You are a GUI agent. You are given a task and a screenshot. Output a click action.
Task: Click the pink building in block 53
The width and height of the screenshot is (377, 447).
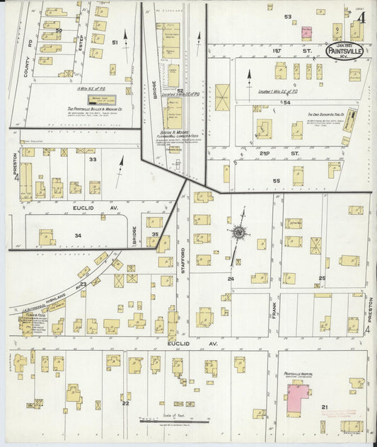307,33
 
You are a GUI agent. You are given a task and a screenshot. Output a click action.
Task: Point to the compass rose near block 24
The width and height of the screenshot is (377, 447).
239,232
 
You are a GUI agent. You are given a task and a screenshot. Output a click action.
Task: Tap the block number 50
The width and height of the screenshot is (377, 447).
59,30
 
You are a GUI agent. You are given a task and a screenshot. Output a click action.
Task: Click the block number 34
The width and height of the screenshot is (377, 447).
78,236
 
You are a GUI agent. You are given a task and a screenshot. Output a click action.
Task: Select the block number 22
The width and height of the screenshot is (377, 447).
125,403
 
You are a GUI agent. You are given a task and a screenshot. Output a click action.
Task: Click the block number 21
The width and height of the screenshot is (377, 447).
325,407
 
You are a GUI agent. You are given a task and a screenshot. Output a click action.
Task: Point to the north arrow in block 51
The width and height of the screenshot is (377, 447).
126,37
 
